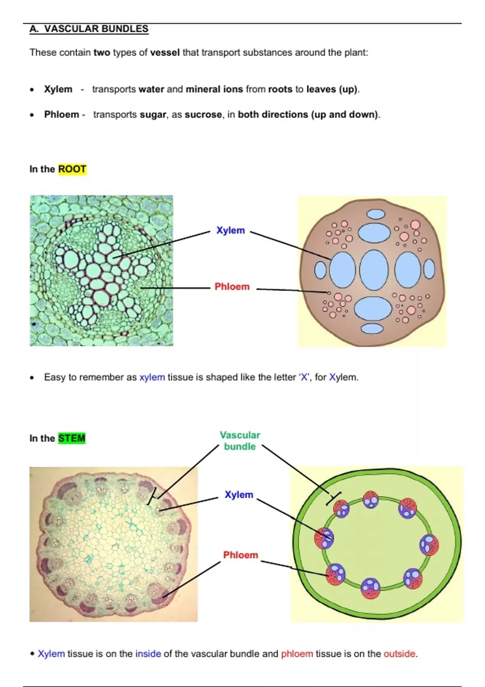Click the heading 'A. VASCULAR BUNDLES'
[89, 29]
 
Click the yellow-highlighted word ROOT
[72, 169]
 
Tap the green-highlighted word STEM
[72, 438]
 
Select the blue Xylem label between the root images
[230, 230]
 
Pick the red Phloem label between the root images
[232, 287]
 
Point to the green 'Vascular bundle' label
[240, 440]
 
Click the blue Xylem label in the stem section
[239, 495]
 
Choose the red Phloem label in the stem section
[240, 555]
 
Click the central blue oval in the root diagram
[374, 270]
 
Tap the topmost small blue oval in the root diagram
[375, 214]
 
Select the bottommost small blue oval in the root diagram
[372, 328]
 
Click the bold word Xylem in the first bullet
[58, 89]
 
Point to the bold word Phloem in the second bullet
[61, 114]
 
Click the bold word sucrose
[203, 114]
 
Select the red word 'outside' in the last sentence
[399, 653]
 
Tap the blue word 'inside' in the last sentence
[148, 653]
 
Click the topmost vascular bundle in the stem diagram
[371, 499]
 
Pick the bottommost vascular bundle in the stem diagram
[371, 588]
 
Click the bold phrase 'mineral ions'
[214, 89]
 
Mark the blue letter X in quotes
[304, 377]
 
